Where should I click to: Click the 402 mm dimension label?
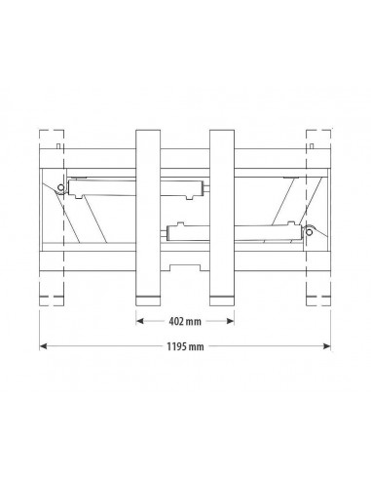tap(185, 322)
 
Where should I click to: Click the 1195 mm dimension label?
tap(185, 346)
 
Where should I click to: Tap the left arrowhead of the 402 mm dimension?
tap(139, 321)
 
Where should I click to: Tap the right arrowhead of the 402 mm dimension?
tap(231, 321)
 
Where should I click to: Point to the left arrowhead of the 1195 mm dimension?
tap(43, 346)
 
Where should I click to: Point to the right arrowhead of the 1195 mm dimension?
tap(327, 346)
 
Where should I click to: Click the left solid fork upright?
tap(148, 218)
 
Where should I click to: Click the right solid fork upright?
tap(222, 218)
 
